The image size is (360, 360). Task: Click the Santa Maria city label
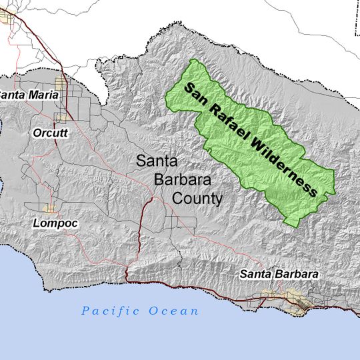28,95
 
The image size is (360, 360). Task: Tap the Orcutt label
51,133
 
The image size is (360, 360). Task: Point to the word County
197,199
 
